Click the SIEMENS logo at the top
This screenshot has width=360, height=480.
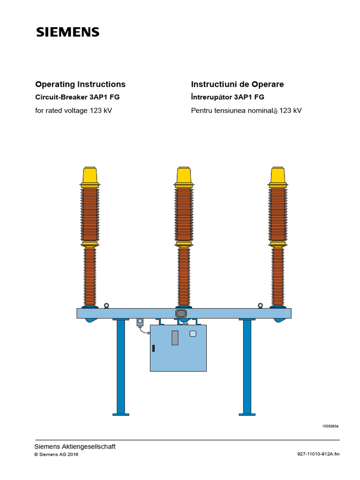[x=68, y=32]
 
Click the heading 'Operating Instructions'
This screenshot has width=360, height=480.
[x=81, y=84]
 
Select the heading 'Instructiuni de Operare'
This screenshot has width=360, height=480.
[x=237, y=84]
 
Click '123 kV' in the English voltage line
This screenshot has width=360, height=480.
[x=101, y=111]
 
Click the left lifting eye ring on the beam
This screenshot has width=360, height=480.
[x=107, y=306]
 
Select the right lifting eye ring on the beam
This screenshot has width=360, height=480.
[x=261, y=306]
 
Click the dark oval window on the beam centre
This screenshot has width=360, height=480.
[x=181, y=313]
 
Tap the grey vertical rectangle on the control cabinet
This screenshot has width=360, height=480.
[x=175, y=337]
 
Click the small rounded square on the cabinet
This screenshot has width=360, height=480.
[x=192, y=334]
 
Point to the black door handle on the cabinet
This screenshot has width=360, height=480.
[x=153, y=348]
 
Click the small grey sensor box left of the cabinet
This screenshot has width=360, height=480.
[x=140, y=322]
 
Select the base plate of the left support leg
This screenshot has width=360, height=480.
[x=121, y=414]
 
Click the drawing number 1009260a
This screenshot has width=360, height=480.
[x=330, y=426]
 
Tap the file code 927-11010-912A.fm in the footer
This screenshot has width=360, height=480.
[x=318, y=454]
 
